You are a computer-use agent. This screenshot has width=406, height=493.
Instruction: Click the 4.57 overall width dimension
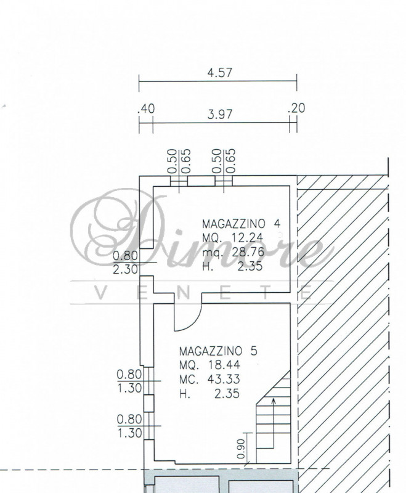pos(220,73)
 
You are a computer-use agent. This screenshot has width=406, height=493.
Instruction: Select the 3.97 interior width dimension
pos(220,115)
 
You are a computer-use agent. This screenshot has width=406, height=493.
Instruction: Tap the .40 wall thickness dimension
pos(147,108)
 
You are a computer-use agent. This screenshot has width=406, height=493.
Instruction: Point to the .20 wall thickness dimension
pos(296,108)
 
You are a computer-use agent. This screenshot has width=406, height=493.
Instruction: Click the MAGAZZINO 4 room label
pos(241,224)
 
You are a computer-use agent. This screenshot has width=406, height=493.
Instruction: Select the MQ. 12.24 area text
pos(232,238)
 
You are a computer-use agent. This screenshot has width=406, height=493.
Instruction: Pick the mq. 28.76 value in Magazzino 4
pos(233,252)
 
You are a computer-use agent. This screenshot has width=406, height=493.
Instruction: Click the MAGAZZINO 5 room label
pos(218,351)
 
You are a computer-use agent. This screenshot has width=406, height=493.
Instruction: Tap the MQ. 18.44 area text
pos(209,365)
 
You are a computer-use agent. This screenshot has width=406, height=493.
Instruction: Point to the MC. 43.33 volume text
pos(209,379)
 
